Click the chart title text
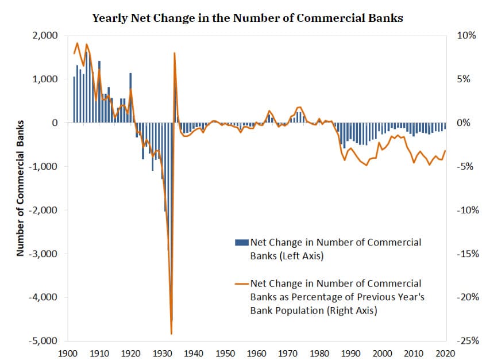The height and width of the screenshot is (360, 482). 248,18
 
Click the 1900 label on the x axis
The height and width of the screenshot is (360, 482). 68,353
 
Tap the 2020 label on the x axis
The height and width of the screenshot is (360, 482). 446,353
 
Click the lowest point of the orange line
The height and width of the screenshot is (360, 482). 171,333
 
